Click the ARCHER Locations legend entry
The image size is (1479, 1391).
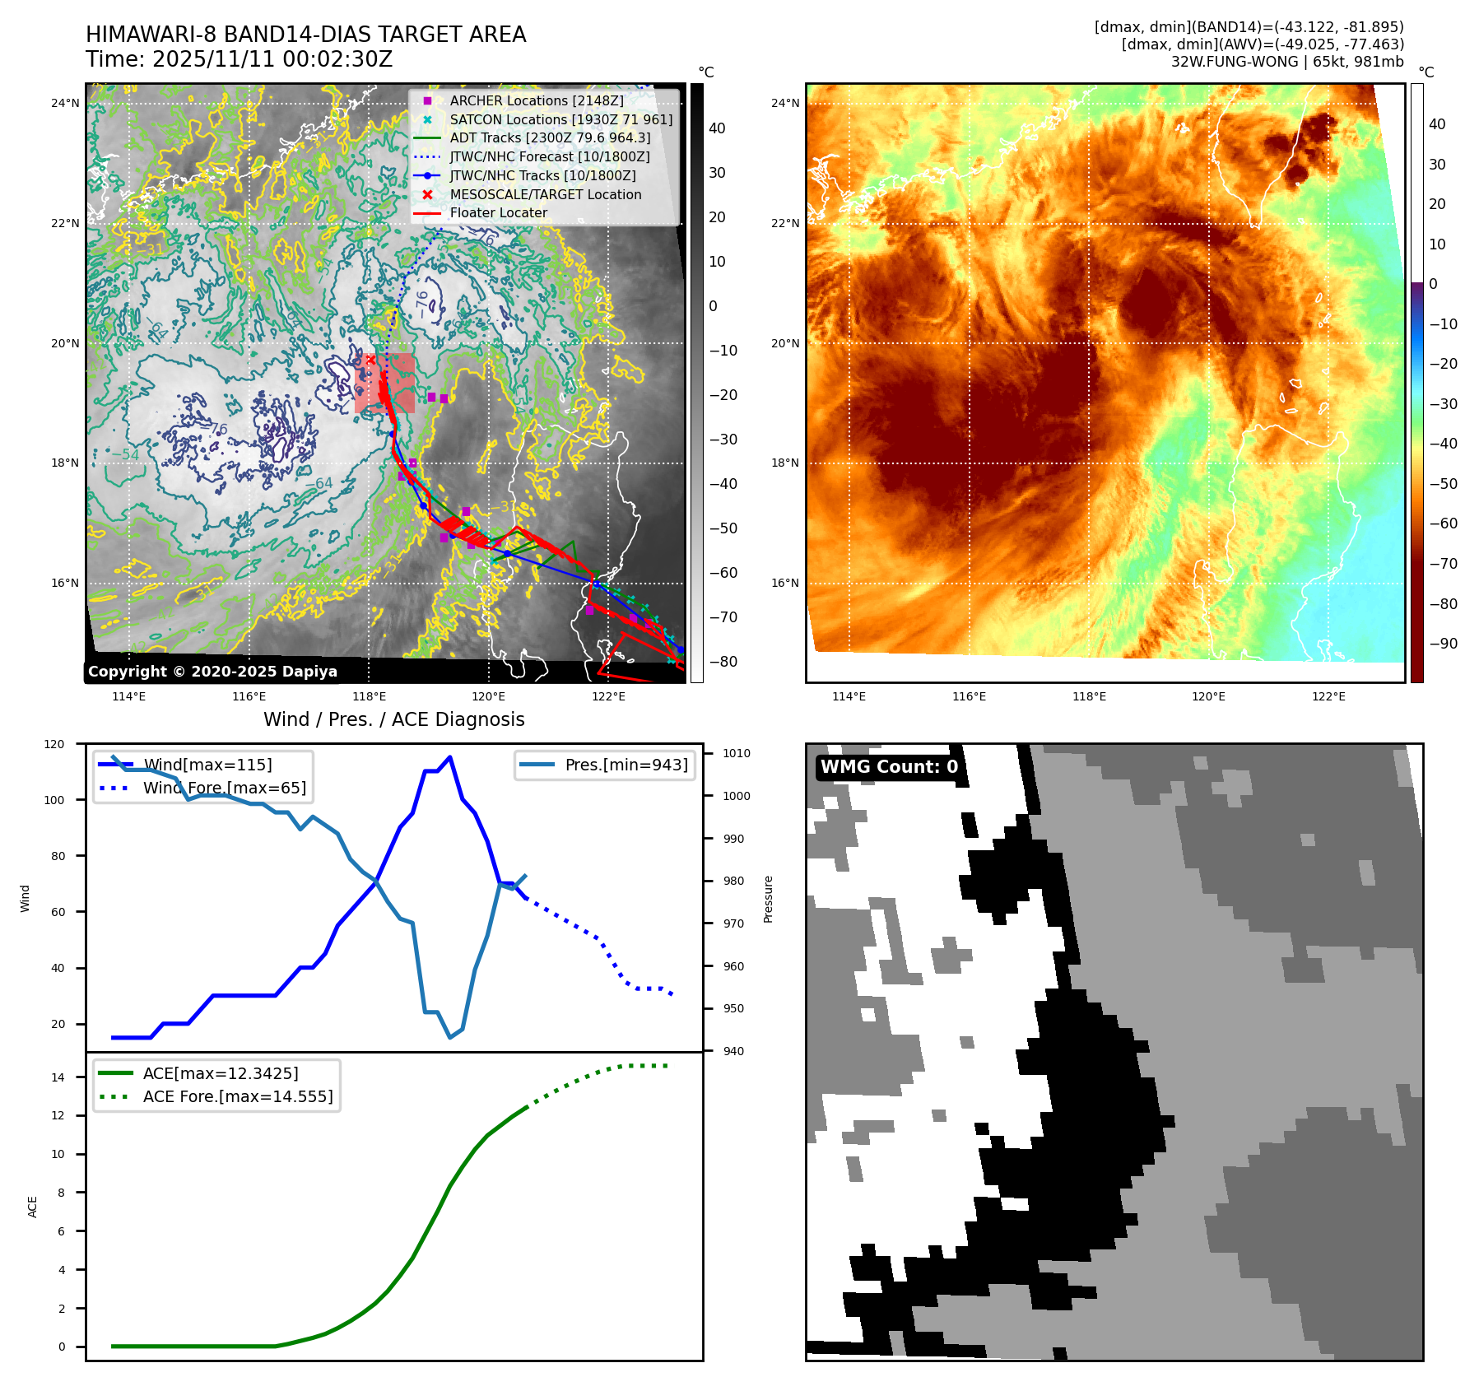pyautogui.click(x=536, y=100)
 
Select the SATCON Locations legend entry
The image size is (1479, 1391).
pyautogui.click(x=560, y=119)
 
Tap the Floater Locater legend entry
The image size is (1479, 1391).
pyautogui.click(x=498, y=212)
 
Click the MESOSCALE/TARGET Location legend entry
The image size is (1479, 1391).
pyautogui.click(x=545, y=194)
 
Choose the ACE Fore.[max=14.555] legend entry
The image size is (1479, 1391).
pyautogui.click(x=237, y=1096)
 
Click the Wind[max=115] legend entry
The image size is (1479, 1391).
pyautogui.click(x=207, y=765)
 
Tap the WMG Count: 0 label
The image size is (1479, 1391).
pyautogui.click(x=889, y=767)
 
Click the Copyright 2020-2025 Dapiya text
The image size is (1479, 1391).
pyautogui.click(x=212, y=672)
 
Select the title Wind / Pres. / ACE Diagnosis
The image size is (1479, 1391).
pyautogui.click(x=393, y=719)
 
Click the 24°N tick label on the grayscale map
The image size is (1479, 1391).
pyautogui.click(x=66, y=103)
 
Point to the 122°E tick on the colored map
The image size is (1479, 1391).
pyautogui.click(x=1328, y=696)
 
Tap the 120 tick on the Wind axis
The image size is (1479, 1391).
pyautogui.click(x=54, y=744)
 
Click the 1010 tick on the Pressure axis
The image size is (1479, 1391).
pyautogui.click(x=737, y=753)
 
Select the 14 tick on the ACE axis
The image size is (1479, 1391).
pyautogui.click(x=58, y=1077)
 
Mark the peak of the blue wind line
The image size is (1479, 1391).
pyautogui.click(x=449, y=757)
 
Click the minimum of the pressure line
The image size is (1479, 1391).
pyautogui.click(x=450, y=1037)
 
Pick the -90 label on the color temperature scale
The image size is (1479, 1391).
pyautogui.click(x=1443, y=644)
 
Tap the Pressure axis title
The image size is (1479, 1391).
pyautogui.click(x=768, y=899)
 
